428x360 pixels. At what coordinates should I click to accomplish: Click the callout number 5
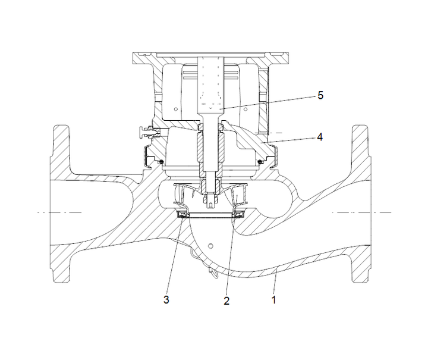pos(321,95)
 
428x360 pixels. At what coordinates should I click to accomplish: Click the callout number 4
pos(320,136)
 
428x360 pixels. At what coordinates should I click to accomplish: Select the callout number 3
pos(166,300)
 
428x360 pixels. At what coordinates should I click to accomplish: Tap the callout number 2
pos(226,300)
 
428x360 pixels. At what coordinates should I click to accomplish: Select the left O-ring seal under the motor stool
pos(160,161)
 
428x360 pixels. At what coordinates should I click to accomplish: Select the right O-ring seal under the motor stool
pos(260,161)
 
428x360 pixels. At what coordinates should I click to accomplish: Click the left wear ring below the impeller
pos(183,213)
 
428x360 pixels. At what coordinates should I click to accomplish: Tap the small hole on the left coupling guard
pos(177,109)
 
